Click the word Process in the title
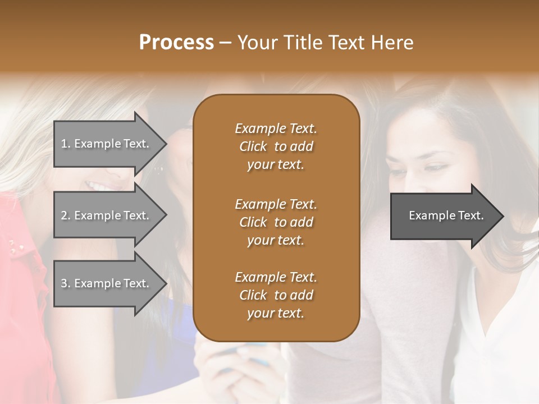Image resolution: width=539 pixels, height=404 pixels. [176, 43]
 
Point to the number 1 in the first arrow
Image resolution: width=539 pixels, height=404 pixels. [65, 144]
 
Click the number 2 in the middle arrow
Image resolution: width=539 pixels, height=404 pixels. [65, 215]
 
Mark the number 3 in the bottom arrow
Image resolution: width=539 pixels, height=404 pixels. [65, 283]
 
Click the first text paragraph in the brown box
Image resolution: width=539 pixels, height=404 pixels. [276, 146]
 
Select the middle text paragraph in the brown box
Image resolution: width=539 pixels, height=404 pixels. [276, 222]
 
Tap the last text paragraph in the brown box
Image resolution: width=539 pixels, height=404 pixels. [276, 295]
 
